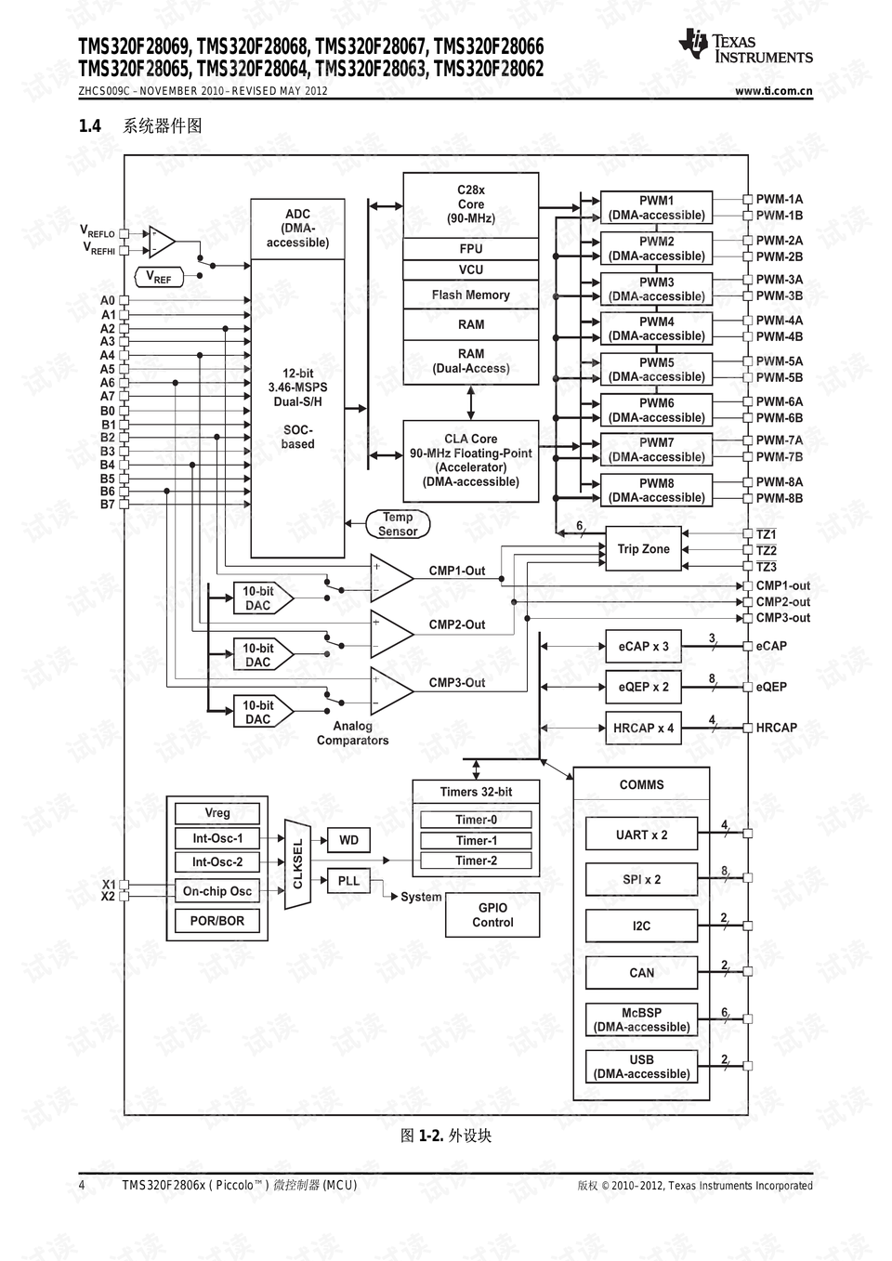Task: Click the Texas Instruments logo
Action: [745, 47]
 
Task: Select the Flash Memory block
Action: [470, 296]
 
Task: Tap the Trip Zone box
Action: [643, 549]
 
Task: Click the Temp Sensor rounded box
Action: [398, 524]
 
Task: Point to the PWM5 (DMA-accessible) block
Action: [656, 370]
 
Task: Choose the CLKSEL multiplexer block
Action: [297, 864]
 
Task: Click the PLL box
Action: [348, 881]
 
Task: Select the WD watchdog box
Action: [348, 840]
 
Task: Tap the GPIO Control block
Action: [492, 915]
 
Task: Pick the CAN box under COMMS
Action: [641, 973]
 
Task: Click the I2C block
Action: [641, 926]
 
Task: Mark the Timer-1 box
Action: [476, 840]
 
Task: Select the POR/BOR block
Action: [217, 921]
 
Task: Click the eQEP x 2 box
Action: [643, 687]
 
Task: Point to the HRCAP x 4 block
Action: [643, 728]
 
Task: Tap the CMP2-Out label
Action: [456, 624]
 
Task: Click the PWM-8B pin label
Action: [779, 498]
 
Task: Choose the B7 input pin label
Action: [108, 505]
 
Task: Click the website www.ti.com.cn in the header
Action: [773, 91]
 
